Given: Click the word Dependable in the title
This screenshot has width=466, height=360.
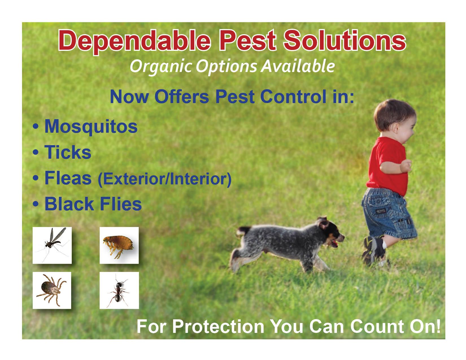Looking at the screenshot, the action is (134, 42).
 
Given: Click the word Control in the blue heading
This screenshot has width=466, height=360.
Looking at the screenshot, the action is (293, 97).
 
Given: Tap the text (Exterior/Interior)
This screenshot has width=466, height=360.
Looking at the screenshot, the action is (164, 179).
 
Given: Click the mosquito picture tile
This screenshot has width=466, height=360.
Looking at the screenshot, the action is (52, 245).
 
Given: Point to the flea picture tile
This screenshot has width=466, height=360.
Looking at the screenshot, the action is (119, 245).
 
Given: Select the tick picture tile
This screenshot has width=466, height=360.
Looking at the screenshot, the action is (52, 290).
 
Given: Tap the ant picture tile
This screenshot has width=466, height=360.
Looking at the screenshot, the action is (119, 290).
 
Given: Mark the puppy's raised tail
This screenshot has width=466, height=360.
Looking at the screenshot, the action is (243, 232).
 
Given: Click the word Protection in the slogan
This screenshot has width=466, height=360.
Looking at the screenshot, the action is (218, 327).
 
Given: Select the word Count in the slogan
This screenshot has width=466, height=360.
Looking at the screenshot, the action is (377, 327).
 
